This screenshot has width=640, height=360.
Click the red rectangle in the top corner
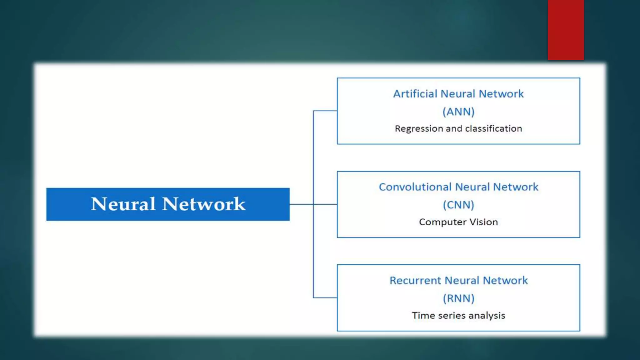click(566, 30)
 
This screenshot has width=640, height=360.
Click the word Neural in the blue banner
click(123, 204)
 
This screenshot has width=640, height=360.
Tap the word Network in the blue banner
click(204, 204)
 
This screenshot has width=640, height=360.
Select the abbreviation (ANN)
click(458, 112)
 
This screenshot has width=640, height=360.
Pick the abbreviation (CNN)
click(458, 205)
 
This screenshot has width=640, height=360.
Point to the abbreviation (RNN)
click(458, 298)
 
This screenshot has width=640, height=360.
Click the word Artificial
click(415, 94)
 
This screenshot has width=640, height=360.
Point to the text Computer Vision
click(458, 222)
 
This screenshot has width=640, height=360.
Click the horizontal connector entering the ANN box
click(325, 111)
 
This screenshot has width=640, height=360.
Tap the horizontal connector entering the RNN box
click(325, 297)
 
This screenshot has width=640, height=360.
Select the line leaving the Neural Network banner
click(301, 204)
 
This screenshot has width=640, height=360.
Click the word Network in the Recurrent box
click(505, 281)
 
